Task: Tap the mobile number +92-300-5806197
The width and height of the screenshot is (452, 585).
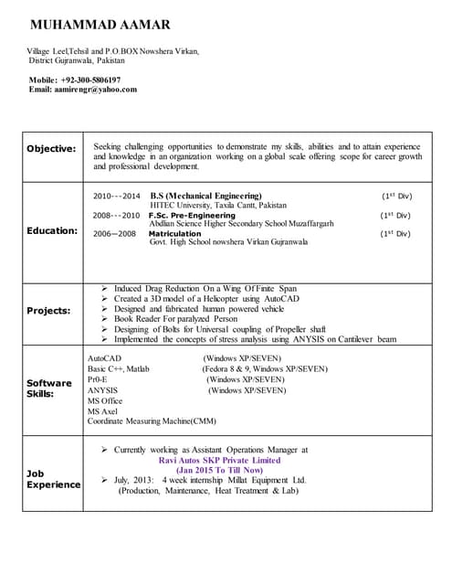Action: tap(89, 80)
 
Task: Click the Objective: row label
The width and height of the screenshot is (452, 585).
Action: tap(50, 149)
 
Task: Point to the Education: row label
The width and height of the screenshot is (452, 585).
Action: tap(51, 230)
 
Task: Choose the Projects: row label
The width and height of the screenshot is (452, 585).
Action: tap(48, 311)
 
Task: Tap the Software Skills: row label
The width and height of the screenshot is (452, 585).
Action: tap(48, 388)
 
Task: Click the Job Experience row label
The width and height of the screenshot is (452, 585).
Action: tap(53, 479)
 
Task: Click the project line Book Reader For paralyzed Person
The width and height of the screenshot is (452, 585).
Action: tap(175, 319)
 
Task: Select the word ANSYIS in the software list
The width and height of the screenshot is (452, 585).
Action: tap(102, 389)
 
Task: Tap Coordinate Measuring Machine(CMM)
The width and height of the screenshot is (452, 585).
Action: tap(152, 421)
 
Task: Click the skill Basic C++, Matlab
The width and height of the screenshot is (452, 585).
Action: tap(119, 368)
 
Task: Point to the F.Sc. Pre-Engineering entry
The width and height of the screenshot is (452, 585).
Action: tap(192, 216)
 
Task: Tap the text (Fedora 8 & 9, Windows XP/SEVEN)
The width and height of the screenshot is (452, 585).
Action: tap(264, 368)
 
